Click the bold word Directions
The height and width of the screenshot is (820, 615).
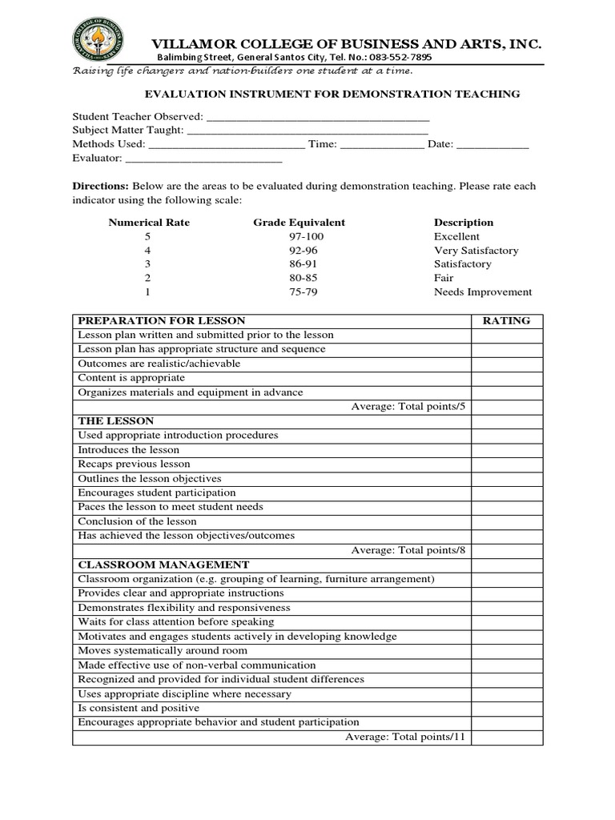click(x=101, y=186)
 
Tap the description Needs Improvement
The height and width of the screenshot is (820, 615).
click(x=482, y=292)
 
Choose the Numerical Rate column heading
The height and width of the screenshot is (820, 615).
click(x=149, y=223)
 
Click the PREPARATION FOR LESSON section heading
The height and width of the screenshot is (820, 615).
click(x=161, y=320)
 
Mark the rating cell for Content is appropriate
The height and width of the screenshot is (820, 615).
click(x=506, y=378)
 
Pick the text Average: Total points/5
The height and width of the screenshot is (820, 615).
click(x=408, y=407)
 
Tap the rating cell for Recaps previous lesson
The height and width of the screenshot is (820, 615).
click(x=506, y=464)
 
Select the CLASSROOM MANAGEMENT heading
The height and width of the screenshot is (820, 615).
click(x=163, y=565)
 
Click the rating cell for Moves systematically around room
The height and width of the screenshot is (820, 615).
click(x=506, y=651)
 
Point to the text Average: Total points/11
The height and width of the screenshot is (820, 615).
click(x=404, y=737)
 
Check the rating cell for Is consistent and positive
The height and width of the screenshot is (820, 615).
click(x=506, y=708)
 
